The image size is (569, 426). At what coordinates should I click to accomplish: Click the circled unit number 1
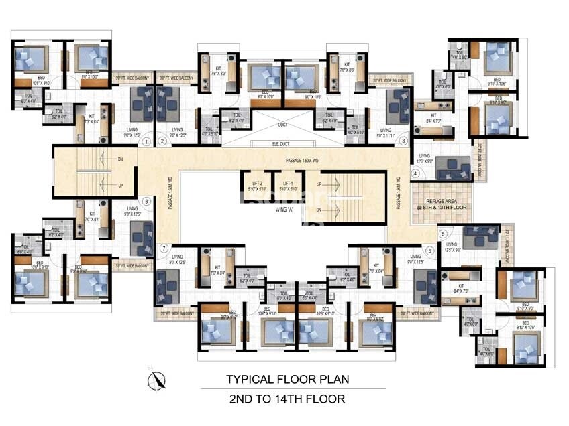[146, 141]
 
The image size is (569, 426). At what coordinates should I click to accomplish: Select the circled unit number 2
[163, 141]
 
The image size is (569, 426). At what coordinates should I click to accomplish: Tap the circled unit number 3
[403, 141]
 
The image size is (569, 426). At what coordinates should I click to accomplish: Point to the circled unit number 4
[416, 174]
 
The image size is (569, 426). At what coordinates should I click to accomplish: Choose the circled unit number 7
[163, 248]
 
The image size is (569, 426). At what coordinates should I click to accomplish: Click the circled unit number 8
[146, 201]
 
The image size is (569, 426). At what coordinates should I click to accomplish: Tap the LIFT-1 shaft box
[289, 186]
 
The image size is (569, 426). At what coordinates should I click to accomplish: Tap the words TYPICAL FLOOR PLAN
[287, 379]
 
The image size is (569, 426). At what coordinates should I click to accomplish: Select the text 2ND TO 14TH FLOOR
[287, 399]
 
